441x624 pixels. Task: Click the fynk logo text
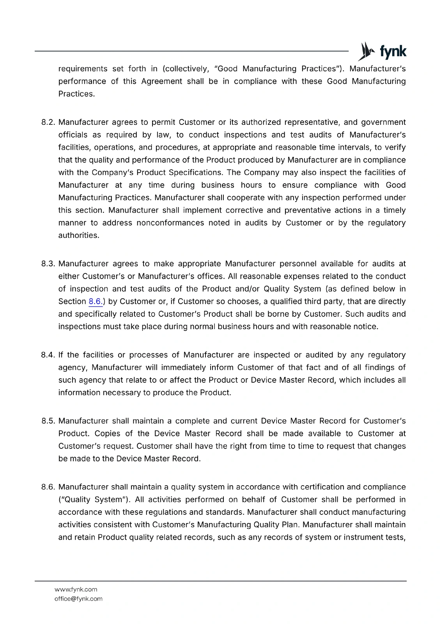tap(393, 52)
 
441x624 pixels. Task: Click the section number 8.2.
tap(49, 122)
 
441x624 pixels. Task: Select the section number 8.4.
tap(49, 355)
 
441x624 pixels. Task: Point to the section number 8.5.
tap(49, 421)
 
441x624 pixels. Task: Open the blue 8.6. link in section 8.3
tap(96, 301)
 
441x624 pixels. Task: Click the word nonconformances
tap(170, 223)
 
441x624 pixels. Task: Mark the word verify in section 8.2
tap(395, 147)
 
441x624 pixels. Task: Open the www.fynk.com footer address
tap(76, 590)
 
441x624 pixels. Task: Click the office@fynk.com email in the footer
tap(78, 599)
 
